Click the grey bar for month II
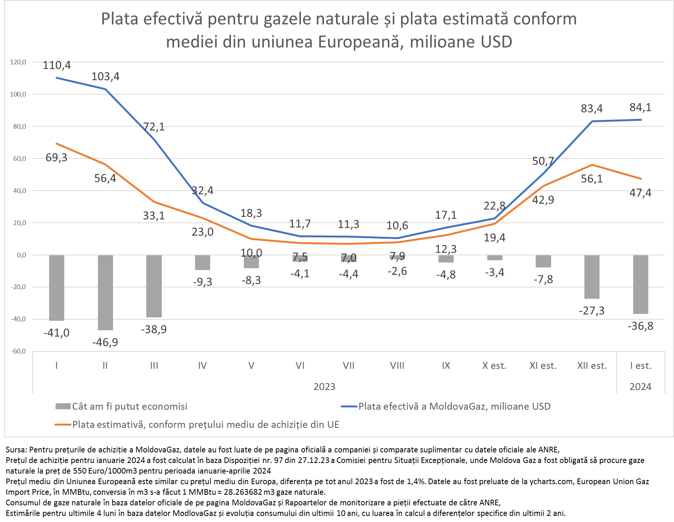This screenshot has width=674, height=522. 105,292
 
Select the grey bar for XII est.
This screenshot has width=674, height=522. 592,277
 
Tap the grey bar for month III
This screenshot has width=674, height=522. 154,286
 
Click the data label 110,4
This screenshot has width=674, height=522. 57,65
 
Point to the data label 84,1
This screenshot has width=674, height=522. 640,107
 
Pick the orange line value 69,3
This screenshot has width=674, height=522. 56,157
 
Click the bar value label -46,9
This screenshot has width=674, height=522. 105,342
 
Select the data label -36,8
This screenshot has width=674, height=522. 640,326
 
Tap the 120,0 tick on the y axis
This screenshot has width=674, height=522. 18,62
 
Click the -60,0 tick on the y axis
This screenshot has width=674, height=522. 18,351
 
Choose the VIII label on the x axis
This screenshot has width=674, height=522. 397,366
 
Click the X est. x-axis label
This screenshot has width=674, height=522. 494,366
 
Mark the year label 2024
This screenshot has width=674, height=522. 640,387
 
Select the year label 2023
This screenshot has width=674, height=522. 324,387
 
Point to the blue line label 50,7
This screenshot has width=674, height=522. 543,161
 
